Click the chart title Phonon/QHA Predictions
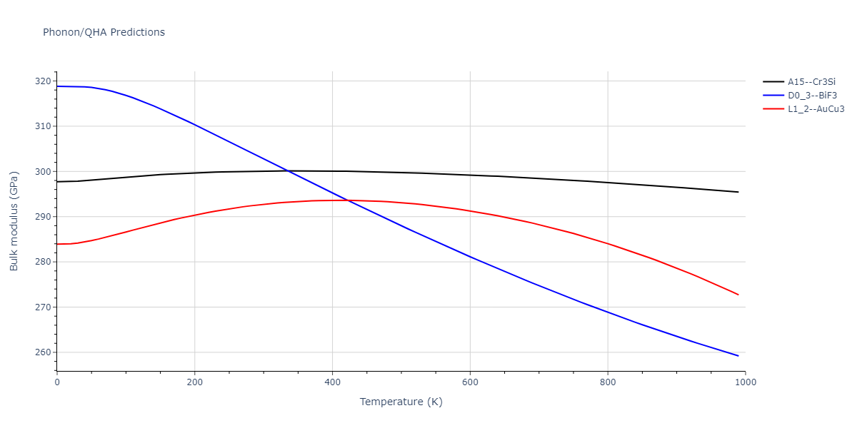104,32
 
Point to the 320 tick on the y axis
42,81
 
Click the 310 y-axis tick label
42,126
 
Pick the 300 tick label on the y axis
42,172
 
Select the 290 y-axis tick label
42,217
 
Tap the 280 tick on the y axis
42,262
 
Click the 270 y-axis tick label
42,307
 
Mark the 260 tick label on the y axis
42,352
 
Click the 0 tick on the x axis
57,382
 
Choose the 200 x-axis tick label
194,382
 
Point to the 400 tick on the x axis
332,382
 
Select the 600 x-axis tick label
470,382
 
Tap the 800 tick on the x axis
608,382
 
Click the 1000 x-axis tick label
745,382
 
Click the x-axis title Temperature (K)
401,402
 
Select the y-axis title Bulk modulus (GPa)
14,221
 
